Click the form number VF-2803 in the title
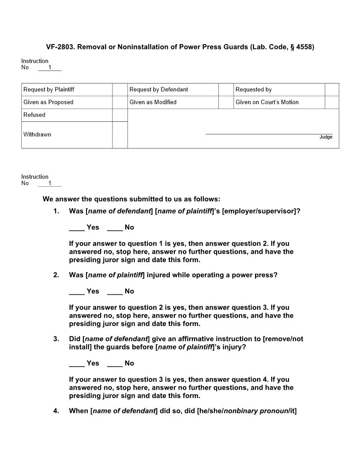pos(60,47)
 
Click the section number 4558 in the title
pos(304,47)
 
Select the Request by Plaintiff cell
pos(49,90)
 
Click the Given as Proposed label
pos(49,102)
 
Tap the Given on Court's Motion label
pos(267,102)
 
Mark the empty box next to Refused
pos(120,115)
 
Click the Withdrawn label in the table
pos(37,135)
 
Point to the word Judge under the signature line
pos(326,137)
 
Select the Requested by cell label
pos(253,90)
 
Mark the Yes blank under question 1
pos(77,228)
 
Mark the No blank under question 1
pos(115,228)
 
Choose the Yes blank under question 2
pos(77,292)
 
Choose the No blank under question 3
pos(115,364)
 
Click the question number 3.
pos(56,339)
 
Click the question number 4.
pos(56,411)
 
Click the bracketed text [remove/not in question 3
pos(283,339)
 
